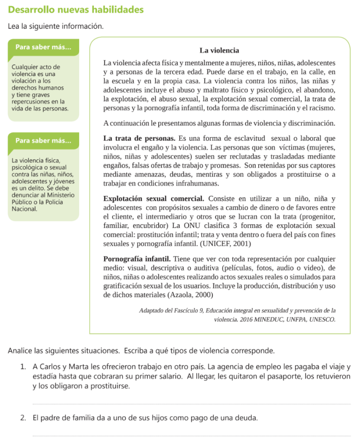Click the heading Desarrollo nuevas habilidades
76,9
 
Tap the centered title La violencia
219,50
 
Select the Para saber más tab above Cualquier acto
43,47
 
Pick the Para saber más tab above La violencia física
43,140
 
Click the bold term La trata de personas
139,138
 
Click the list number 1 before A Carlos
23,367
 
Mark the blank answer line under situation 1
191,404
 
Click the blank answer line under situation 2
191,435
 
